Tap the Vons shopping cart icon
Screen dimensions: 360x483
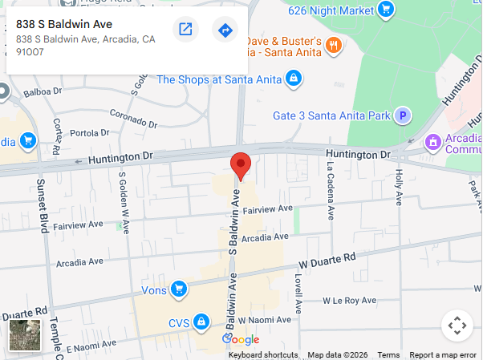[x=179, y=289]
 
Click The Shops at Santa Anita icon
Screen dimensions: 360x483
[x=294, y=79]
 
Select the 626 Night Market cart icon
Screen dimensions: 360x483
[x=387, y=10]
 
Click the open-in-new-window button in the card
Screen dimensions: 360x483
[x=185, y=30]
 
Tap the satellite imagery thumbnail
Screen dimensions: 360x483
[x=25, y=335]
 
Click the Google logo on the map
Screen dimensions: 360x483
[x=241, y=340]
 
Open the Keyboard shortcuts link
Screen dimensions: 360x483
[x=263, y=355]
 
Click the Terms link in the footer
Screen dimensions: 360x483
[x=388, y=355]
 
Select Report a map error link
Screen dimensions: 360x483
[x=443, y=355]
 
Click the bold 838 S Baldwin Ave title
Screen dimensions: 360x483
[x=64, y=24]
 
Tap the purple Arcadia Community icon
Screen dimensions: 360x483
[x=433, y=142]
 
